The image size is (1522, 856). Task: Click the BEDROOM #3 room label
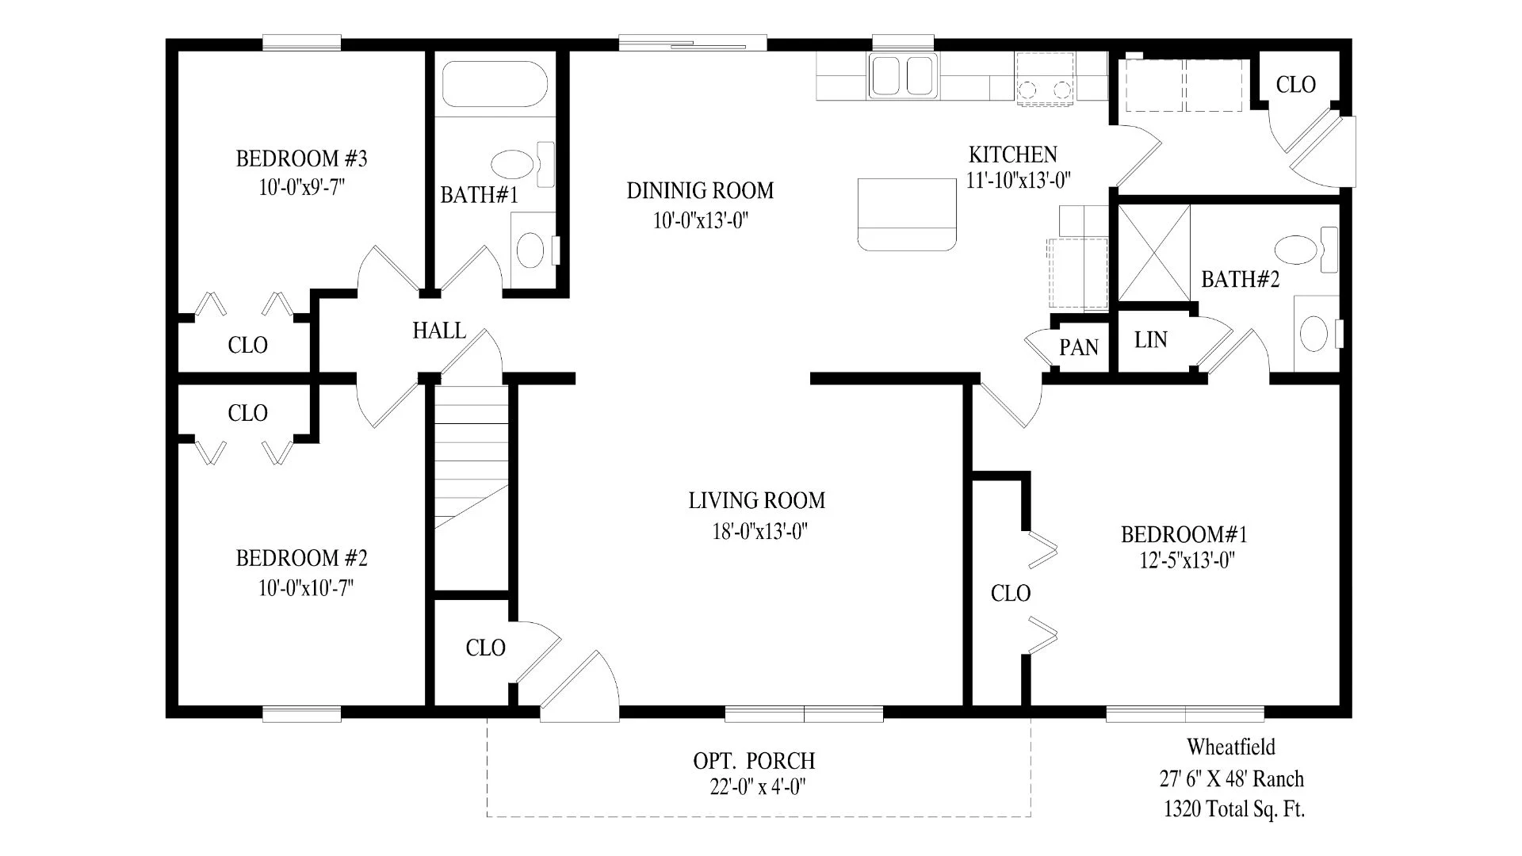(x=301, y=159)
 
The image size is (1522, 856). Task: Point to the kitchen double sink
(x=902, y=76)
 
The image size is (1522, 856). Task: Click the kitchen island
(x=907, y=215)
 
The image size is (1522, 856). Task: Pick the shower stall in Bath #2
(x=1153, y=253)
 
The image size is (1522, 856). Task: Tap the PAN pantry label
(x=1079, y=347)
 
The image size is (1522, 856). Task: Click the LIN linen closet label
(x=1151, y=340)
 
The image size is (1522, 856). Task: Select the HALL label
(x=439, y=331)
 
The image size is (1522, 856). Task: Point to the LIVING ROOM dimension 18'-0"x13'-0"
(x=759, y=531)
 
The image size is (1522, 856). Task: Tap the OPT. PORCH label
(x=754, y=761)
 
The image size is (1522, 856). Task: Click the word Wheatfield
(x=1231, y=747)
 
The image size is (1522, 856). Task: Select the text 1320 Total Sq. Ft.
(x=1234, y=809)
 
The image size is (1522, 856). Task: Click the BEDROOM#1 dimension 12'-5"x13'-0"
(x=1188, y=561)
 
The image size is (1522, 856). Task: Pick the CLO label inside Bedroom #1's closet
(x=1011, y=594)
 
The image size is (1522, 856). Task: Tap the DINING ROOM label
(x=700, y=191)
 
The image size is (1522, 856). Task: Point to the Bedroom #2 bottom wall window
(x=302, y=715)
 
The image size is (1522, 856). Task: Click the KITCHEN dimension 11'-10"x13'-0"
(x=1019, y=180)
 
